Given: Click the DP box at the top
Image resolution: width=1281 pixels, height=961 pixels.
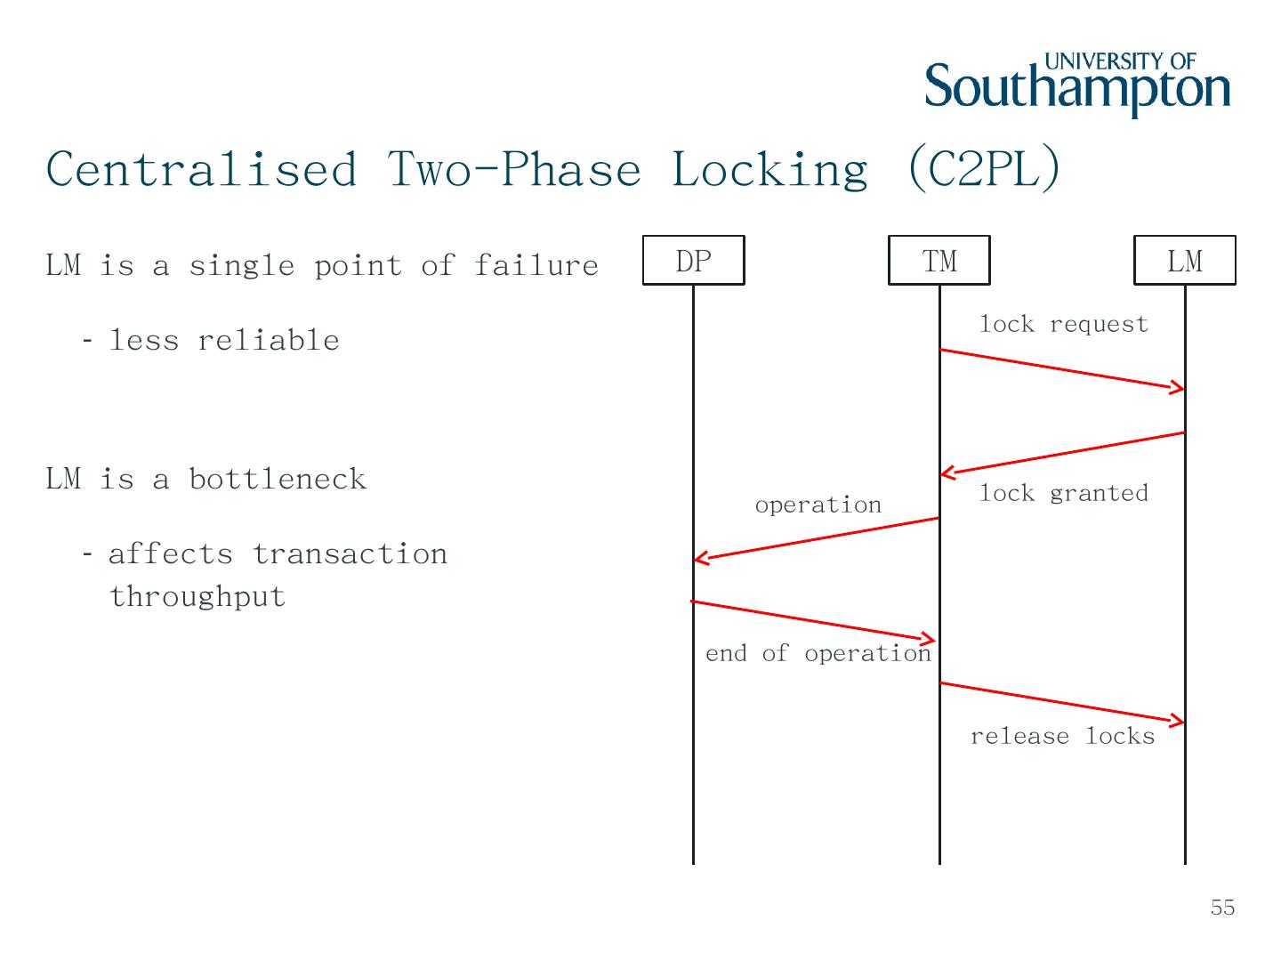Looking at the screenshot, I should [693, 261].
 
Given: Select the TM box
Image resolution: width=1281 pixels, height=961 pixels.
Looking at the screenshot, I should [939, 261].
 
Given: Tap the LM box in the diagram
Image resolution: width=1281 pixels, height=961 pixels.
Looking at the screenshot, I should [1184, 261].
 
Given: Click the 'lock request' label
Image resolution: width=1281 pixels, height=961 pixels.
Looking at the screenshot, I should [1063, 324].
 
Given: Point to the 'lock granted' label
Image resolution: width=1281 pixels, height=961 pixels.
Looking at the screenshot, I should [1063, 493].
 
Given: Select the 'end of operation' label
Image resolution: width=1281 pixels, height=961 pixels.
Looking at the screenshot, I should [818, 653].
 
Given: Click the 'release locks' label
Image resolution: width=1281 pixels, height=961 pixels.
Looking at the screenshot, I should [1062, 736].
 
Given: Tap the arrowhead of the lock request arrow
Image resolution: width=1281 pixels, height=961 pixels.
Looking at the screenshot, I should [1178, 387].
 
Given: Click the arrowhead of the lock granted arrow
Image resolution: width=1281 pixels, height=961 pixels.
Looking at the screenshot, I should [947, 473].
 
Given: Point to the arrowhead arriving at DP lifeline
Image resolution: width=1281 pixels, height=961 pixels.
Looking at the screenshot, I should [701, 559].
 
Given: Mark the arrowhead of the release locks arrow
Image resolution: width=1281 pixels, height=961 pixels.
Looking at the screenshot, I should [1178, 720].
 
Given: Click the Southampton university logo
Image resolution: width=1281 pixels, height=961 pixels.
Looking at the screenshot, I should [1077, 85].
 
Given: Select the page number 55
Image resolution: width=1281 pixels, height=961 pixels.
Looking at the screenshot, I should [1222, 908].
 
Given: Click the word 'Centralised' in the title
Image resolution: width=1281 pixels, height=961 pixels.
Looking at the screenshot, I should [202, 169].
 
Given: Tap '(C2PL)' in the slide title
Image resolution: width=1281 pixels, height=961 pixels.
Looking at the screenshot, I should [984, 169].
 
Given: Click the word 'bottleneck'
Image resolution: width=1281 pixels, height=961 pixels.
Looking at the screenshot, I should [278, 480].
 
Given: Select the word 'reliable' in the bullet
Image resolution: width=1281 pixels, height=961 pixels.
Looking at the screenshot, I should [268, 341].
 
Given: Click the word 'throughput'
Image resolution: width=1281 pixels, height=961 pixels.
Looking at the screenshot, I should [197, 596].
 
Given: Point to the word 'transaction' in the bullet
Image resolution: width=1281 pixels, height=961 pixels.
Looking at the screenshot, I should [350, 554].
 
